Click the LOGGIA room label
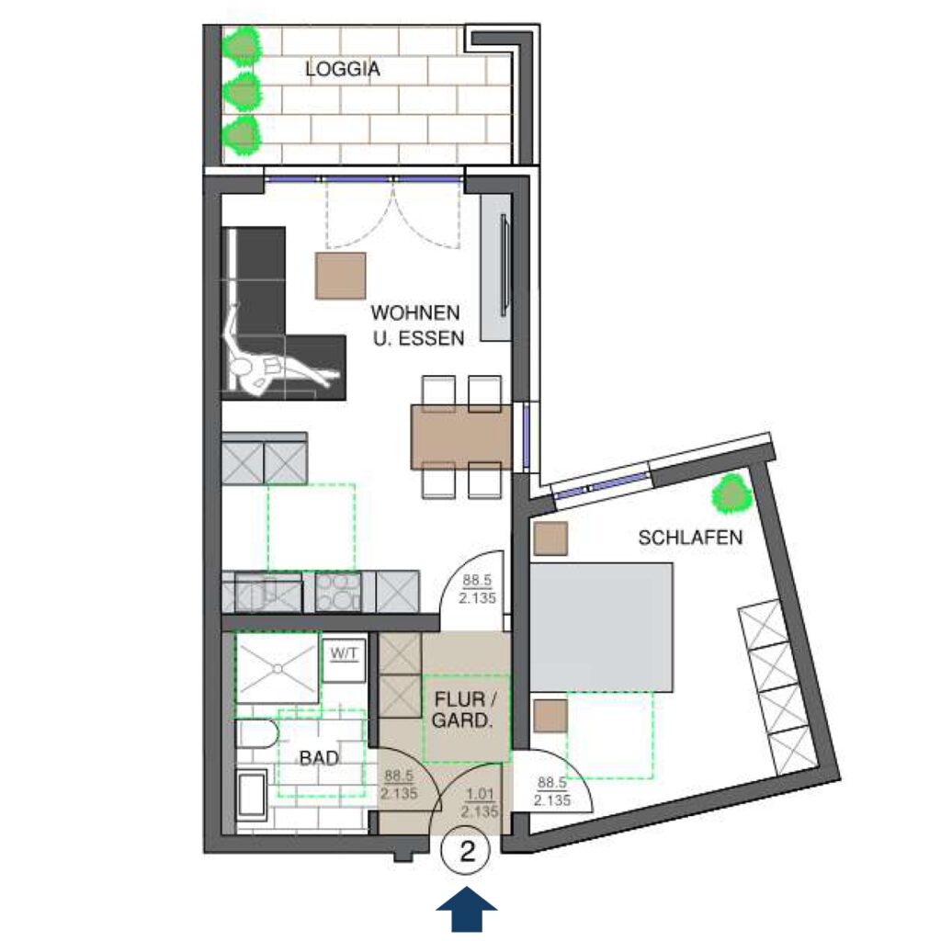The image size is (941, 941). [x=343, y=69]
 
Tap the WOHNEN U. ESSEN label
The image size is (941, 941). [x=418, y=325]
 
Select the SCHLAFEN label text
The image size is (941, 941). [x=690, y=537]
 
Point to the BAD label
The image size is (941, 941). [x=319, y=758]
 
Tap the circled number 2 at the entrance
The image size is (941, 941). [x=466, y=850]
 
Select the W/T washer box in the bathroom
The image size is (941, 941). [x=344, y=658]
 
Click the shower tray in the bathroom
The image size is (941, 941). [x=277, y=668]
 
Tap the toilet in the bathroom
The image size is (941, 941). [x=257, y=733]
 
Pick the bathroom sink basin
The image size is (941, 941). [x=252, y=795]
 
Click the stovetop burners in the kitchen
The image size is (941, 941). [x=338, y=592]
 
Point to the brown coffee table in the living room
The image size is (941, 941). [x=341, y=276]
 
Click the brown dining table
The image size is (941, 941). [x=462, y=436]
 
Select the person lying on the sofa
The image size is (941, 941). [x=274, y=354]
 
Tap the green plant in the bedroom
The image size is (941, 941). [x=731, y=493]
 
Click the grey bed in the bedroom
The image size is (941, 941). [x=601, y=627]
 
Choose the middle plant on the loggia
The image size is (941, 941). [x=242, y=91]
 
